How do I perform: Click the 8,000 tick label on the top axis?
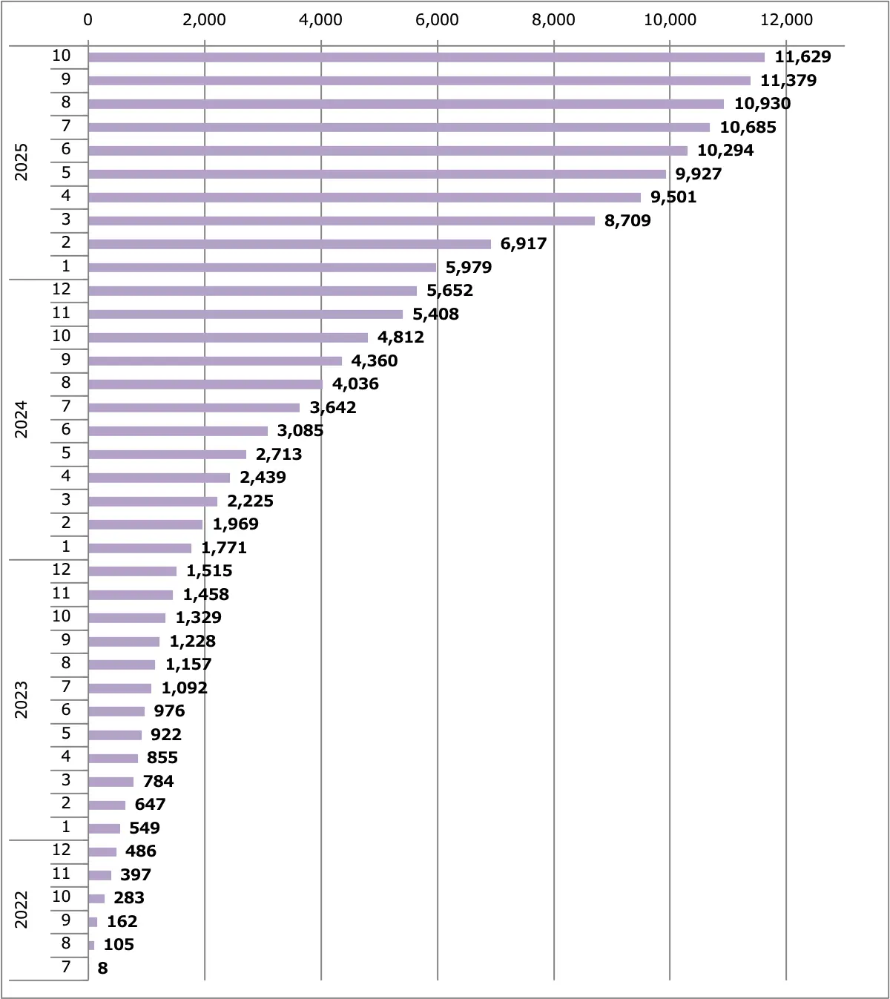pos(553,20)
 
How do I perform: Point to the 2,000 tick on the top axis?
pos(204,20)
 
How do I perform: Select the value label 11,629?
pos(802,57)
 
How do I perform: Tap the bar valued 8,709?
pos(341,221)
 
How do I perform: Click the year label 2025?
pos(22,162)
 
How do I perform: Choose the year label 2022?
pos(22,909)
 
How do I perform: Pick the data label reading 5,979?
pos(469,268)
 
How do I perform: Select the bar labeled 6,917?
pos(289,244)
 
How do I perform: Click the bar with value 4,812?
pos(228,337)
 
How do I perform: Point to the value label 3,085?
pos(300,431)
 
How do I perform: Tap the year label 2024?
pos(22,419)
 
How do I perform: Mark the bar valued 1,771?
pos(139,548)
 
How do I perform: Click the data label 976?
pos(169,711)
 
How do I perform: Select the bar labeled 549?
pos(104,828)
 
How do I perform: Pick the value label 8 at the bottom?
pos(102,969)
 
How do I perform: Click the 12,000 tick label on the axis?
pos(786,20)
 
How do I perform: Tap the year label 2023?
pos(22,699)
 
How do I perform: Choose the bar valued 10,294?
pos(388,151)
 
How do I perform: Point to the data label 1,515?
pos(209,571)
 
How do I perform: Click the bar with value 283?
pos(96,899)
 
